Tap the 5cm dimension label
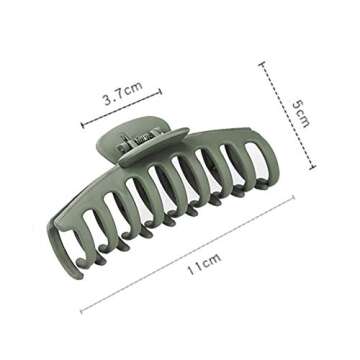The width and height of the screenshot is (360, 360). coord(303,111)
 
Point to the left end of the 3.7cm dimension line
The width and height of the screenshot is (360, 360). coord(83,126)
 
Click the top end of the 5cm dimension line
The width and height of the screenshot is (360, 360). coord(262,63)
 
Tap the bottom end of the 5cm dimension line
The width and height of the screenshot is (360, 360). coord(313,167)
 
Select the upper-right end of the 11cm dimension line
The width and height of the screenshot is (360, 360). coord(293,198)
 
